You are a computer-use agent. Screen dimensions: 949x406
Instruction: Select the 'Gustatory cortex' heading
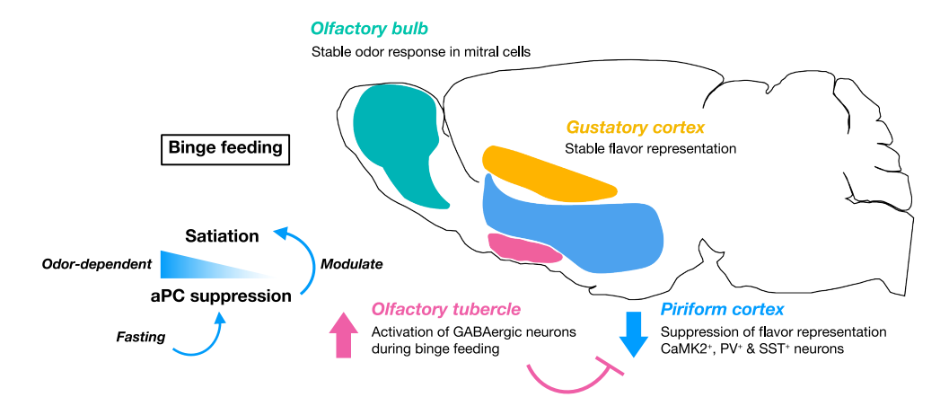[x=635, y=128]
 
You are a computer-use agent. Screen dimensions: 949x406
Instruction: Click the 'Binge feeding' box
[x=225, y=147]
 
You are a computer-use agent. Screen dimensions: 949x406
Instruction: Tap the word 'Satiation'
[x=222, y=236]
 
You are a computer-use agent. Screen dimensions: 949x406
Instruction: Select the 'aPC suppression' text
[x=221, y=296]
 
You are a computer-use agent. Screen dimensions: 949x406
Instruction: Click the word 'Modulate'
[x=352, y=264]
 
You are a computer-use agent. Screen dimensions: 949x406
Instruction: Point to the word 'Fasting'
[x=140, y=338]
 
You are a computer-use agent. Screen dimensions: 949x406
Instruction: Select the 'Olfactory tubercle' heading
[x=446, y=310]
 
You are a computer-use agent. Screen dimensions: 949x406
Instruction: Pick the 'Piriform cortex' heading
[x=723, y=310]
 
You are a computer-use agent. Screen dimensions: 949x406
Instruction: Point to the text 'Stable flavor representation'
[x=651, y=148]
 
